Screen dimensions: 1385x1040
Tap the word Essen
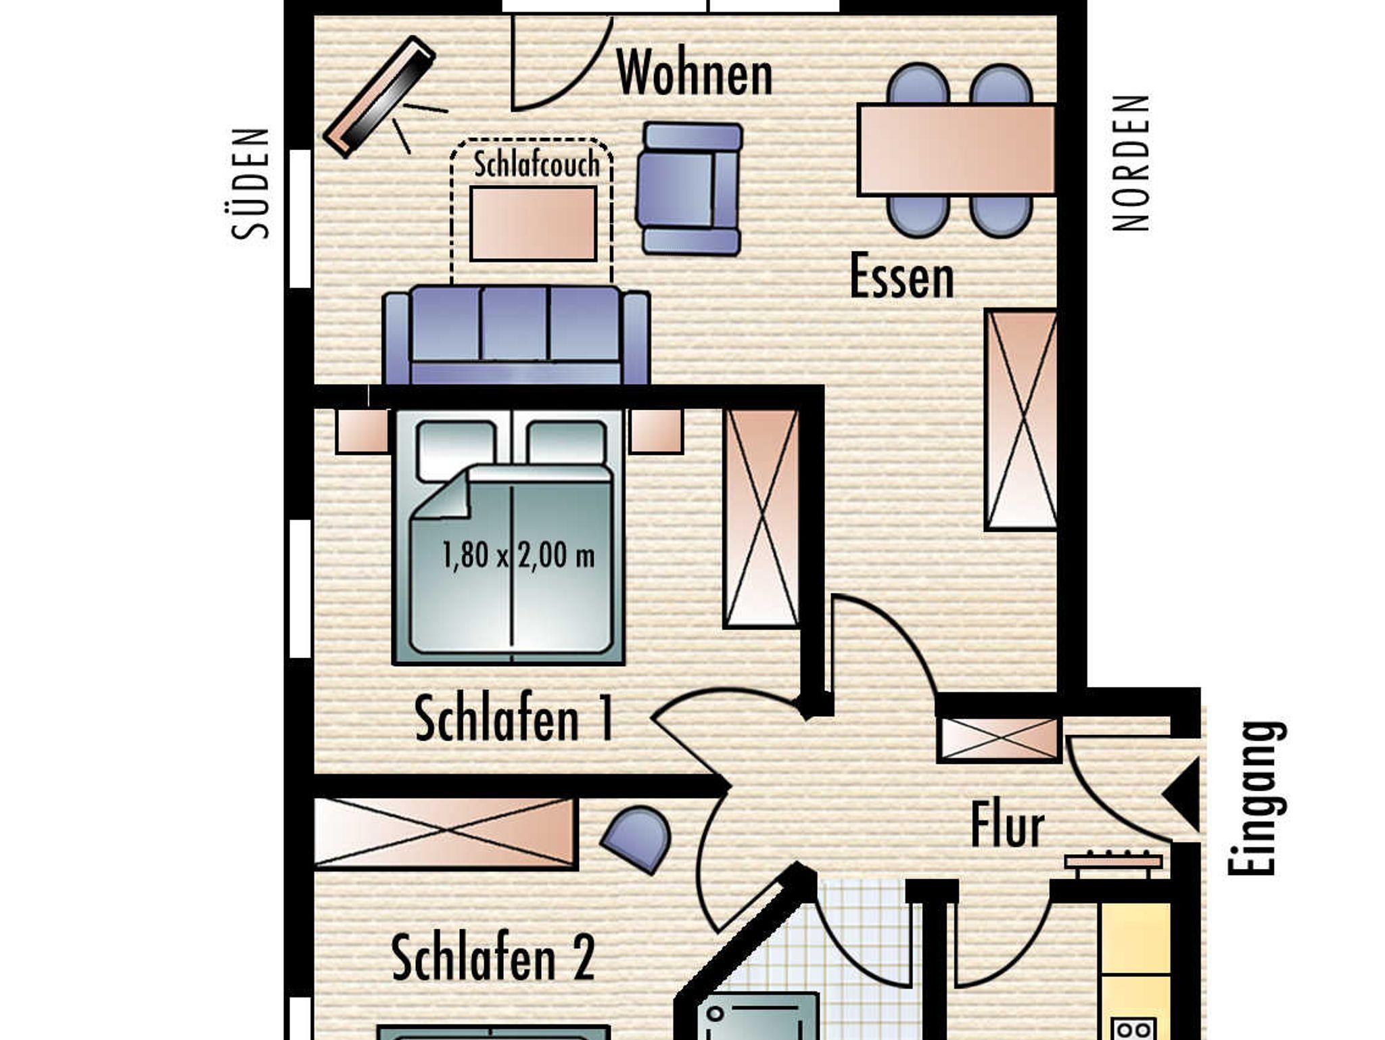click(x=901, y=275)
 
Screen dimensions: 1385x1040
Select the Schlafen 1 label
click(x=514, y=719)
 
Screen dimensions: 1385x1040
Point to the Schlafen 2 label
click(x=493, y=957)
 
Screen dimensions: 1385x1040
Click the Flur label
click(x=1008, y=824)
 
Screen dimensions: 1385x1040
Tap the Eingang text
click(x=1257, y=799)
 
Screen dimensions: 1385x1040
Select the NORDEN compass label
click(x=1131, y=163)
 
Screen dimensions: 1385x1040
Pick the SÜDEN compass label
click(x=250, y=183)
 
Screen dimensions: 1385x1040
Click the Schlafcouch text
click(x=536, y=165)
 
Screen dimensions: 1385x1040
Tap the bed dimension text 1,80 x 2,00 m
click(x=519, y=556)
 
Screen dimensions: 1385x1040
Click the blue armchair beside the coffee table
click(x=688, y=189)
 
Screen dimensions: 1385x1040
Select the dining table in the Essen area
click(x=956, y=149)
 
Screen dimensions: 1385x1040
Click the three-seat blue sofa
click(x=516, y=335)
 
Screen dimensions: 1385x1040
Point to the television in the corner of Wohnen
click(x=379, y=97)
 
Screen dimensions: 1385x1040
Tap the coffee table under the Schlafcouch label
click(x=533, y=224)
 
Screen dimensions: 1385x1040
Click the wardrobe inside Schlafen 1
click(x=761, y=518)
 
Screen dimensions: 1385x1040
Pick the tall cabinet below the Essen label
click(x=1020, y=419)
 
